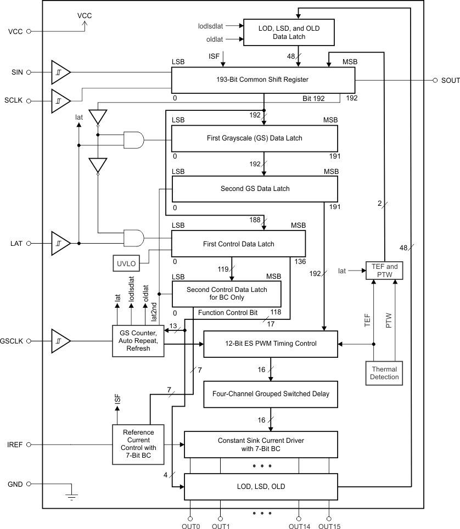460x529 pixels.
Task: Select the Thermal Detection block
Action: pyautogui.click(x=384, y=373)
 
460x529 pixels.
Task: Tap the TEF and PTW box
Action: pyautogui.click(x=384, y=271)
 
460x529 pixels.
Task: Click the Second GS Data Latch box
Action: pyautogui.click(x=255, y=189)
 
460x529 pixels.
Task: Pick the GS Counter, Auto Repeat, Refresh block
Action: pyautogui.click(x=138, y=341)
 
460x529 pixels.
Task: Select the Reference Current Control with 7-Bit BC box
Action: pyautogui.click(x=138, y=443)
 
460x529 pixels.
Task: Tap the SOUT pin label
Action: pyautogui.click(x=450, y=80)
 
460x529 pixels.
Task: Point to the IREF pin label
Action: pyautogui.click(x=14, y=444)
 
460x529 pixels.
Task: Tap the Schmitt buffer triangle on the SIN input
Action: pyautogui.click(x=60, y=72)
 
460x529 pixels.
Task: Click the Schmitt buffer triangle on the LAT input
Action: pyautogui.click(x=60, y=243)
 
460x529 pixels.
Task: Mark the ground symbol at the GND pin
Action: pyautogui.click(x=72, y=495)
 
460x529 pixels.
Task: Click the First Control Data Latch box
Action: pyautogui.click(x=239, y=244)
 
